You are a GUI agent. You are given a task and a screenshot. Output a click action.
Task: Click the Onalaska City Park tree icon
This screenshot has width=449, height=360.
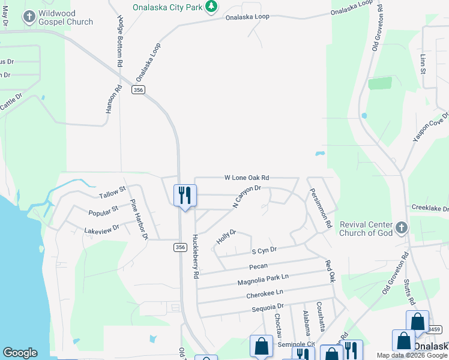tap(211, 7)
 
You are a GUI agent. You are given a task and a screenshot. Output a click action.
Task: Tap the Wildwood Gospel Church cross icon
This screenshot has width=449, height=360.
tap(29, 17)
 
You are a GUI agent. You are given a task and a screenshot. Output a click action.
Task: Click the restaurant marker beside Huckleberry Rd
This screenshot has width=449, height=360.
tap(185, 196)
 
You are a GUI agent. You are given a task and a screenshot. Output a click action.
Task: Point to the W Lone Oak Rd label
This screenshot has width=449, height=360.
tap(246, 178)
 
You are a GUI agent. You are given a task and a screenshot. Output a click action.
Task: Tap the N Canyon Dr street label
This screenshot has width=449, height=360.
tap(247, 197)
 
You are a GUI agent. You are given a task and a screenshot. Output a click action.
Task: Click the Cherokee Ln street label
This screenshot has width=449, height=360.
tap(264, 294)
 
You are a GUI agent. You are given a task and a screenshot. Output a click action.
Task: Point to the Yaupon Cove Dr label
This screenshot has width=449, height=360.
tap(430, 127)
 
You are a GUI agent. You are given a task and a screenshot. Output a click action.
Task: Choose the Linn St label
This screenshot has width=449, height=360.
tap(423, 63)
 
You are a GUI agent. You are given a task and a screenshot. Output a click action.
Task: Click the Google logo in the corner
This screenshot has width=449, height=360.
tap(20, 353)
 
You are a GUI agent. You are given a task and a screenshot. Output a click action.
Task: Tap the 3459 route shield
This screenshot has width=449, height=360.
tap(435, 329)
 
